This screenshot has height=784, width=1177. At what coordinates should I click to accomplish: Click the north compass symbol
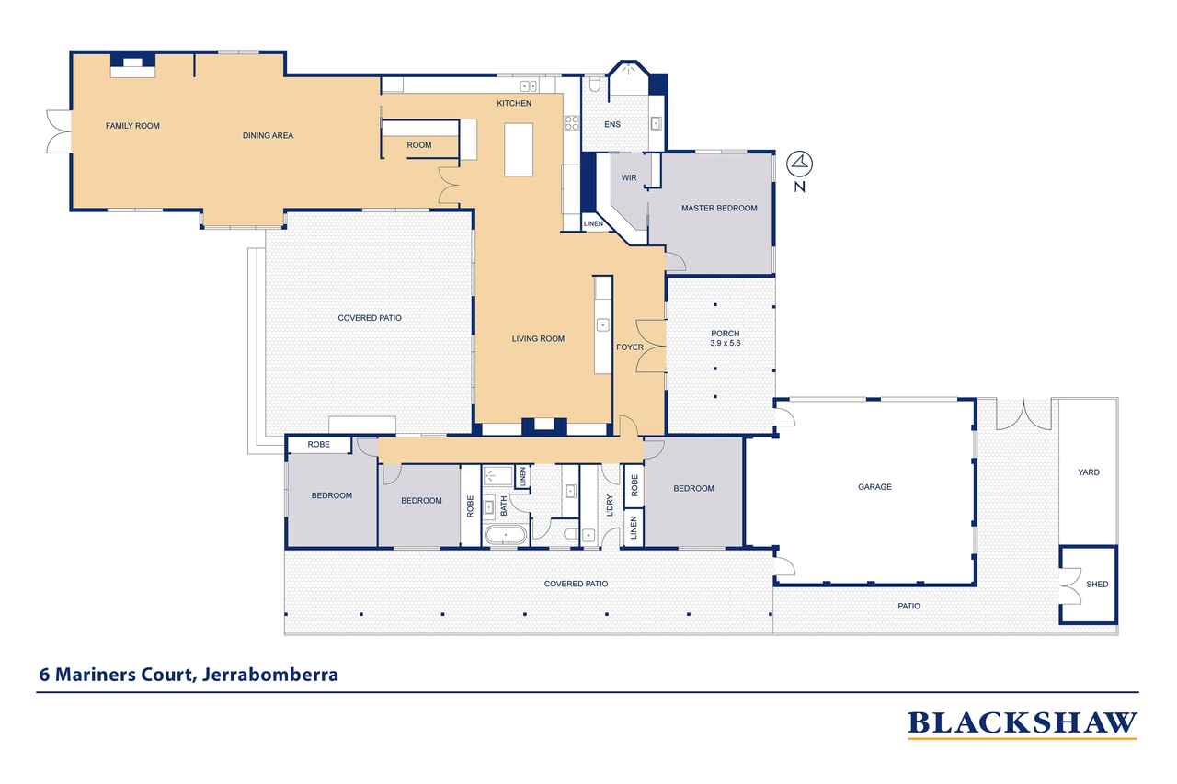[x=801, y=165]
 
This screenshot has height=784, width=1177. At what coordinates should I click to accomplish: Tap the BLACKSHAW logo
[x=1022, y=724]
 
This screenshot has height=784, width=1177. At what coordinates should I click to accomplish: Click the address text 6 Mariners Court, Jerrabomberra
[x=189, y=675]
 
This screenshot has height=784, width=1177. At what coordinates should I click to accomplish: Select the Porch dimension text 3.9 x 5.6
[x=725, y=343]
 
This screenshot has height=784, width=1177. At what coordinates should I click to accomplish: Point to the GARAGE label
[x=874, y=487]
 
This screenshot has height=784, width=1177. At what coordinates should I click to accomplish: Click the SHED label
[x=1097, y=585]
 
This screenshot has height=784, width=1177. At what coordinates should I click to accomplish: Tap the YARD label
[x=1089, y=472]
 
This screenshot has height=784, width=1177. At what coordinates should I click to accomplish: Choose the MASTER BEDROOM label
[x=719, y=209]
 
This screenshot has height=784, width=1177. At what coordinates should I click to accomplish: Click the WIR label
[x=629, y=176]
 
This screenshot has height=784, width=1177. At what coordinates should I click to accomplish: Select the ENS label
[x=612, y=124]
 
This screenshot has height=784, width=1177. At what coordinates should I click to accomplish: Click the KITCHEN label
[x=514, y=104]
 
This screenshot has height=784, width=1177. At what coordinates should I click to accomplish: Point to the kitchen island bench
[x=518, y=150]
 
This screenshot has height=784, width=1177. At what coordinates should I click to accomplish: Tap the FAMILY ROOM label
[x=132, y=126]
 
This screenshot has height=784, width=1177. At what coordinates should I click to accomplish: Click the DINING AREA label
[x=268, y=136]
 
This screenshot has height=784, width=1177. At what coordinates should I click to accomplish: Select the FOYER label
[x=630, y=347]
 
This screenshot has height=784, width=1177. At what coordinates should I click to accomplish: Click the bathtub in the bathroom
[x=505, y=535]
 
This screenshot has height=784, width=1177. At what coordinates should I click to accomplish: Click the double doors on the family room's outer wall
[x=58, y=131]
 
